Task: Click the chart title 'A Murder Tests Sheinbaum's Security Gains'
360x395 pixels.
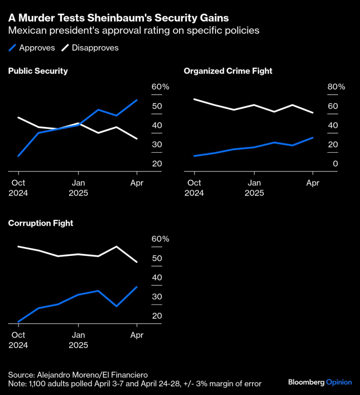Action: pyautogui.click(x=119, y=18)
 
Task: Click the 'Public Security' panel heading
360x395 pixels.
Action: pyautogui.click(x=38, y=71)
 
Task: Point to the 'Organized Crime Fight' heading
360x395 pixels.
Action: pyautogui.click(x=228, y=71)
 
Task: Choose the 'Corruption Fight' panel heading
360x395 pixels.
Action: pyautogui.click(x=40, y=223)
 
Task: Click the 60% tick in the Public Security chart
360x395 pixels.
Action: pyautogui.click(x=160, y=87)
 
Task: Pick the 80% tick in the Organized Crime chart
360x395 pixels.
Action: pyautogui.click(x=336, y=87)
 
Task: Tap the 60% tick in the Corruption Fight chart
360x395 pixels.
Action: pyautogui.click(x=160, y=239)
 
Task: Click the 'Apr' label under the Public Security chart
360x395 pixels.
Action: pyautogui.click(x=137, y=183)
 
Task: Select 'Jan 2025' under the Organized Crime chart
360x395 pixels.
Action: pyautogui.click(x=254, y=188)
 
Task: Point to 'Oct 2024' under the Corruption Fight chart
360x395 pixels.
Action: pyautogui.click(x=18, y=340)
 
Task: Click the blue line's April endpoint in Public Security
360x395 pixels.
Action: pyautogui.click(x=137, y=100)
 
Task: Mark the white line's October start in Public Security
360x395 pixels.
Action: pyautogui.click(x=18, y=118)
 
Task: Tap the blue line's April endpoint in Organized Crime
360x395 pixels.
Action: pyautogui.click(x=313, y=138)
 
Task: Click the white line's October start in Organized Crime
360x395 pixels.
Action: pyautogui.click(x=194, y=99)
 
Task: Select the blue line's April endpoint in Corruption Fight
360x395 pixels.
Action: pyautogui.click(x=137, y=287)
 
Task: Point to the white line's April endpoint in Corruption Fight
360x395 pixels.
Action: pyautogui.click(x=137, y=262)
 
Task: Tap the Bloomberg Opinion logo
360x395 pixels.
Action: pyautogui.click(x=320, y=382)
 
